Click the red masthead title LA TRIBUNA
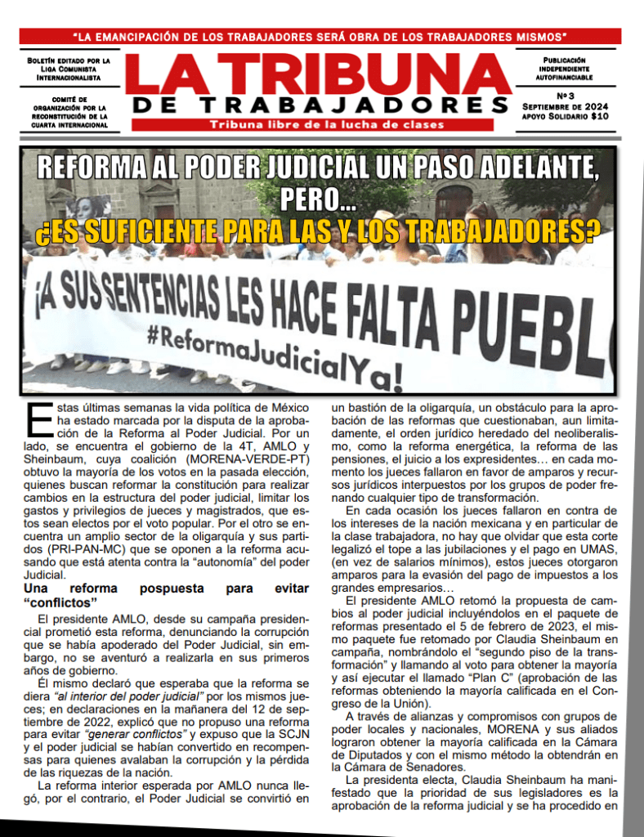pyautogui.click(x=319, y=74)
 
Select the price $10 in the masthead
pyautogui.click(x=600, y=116)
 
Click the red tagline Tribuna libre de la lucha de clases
pyautogui.click(x=327, y=125)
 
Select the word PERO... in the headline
pyautogui.click(x=318, y=199)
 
